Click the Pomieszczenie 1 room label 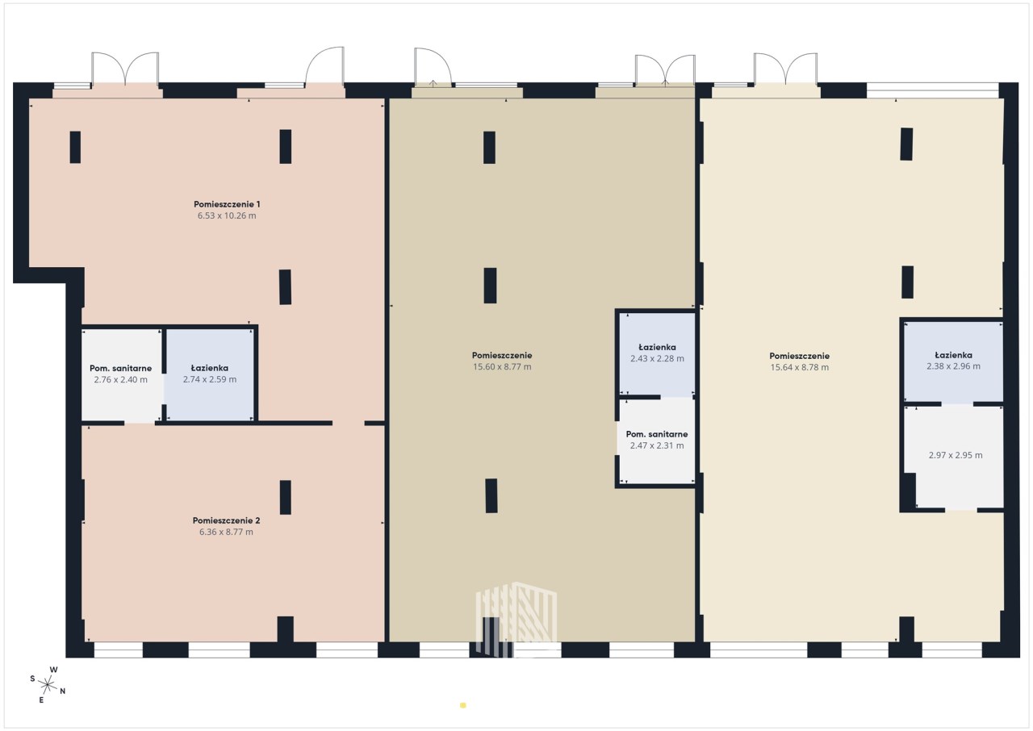pos(227,204)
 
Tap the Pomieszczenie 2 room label pos(227,520)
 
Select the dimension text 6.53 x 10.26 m pos(227,215)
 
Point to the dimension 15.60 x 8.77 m pos(502,367)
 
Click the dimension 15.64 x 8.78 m pos(800,367)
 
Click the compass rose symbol pos(47,685)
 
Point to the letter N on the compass pos(63,691)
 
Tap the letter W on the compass pos(53,670)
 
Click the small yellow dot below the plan pos(463,705)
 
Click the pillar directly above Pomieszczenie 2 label pos(286,497)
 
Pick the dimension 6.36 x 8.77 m pos(226,532)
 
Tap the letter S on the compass pos(33,679)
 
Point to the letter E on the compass pos(41,700)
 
